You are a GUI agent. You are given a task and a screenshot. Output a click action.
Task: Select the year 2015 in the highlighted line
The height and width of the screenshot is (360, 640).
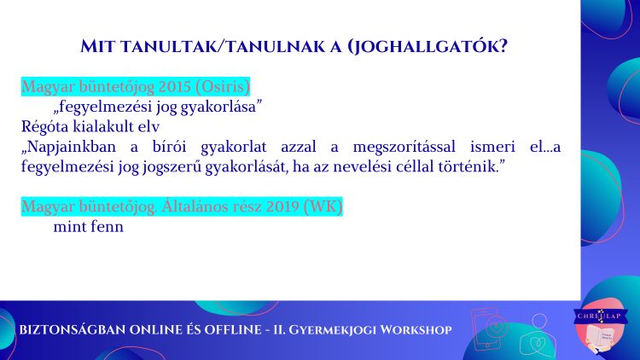pos(175,86)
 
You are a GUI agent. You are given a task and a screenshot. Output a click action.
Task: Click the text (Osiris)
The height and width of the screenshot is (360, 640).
pos(223,87)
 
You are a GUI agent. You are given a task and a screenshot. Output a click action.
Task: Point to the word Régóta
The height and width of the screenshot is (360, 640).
pos(45,127)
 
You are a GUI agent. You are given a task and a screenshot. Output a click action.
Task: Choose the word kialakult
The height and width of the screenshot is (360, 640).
pos(103,126)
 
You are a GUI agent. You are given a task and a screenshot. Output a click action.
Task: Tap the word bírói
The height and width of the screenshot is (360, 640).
pos(170,147)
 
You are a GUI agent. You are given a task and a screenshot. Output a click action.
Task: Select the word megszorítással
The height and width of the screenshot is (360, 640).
pos(404,147)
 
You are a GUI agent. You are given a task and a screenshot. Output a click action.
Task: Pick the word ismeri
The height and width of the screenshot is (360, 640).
pos(492,147)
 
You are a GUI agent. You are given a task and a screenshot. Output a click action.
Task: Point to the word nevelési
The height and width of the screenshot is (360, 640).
pos(366,166)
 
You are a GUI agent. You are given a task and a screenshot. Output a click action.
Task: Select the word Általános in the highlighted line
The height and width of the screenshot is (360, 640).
pos(195,206)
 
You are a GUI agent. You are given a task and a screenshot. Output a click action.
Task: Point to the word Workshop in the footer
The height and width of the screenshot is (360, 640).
pos(416,330)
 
